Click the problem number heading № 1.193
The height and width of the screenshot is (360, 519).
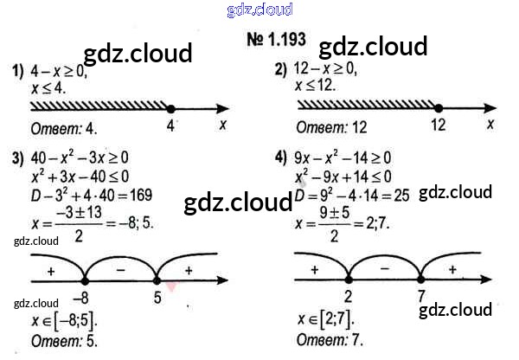276,40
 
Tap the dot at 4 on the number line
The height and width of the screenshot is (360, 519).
170,108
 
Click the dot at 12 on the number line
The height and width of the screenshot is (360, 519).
438,108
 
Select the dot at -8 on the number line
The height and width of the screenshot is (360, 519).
85,279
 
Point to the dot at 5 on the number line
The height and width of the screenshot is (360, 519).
157,279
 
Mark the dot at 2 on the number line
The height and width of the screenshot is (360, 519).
348,279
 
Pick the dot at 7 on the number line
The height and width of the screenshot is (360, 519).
420,279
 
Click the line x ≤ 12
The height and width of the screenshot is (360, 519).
315,87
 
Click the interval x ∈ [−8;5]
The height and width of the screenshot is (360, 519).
60,322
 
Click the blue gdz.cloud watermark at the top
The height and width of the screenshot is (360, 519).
259,10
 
